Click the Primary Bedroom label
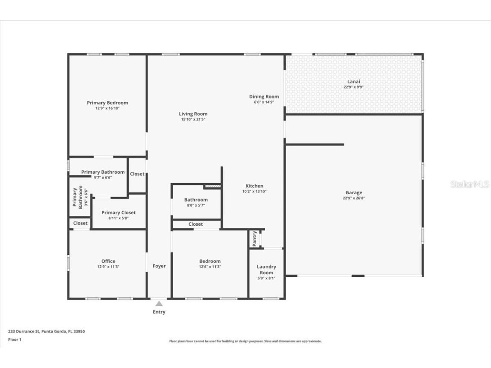107,103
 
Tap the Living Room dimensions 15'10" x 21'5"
193,120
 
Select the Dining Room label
264,97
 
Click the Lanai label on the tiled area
353,81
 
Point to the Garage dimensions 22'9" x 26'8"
354,198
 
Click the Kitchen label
254,186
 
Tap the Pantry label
254,239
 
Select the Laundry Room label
266,270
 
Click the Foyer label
159,266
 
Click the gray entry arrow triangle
159,304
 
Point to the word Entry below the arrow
159,312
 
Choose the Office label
108,261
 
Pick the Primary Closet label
118,213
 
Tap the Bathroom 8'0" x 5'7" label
196,200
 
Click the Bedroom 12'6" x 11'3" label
210,261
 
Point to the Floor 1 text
14,339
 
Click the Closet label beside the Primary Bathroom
137,174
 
